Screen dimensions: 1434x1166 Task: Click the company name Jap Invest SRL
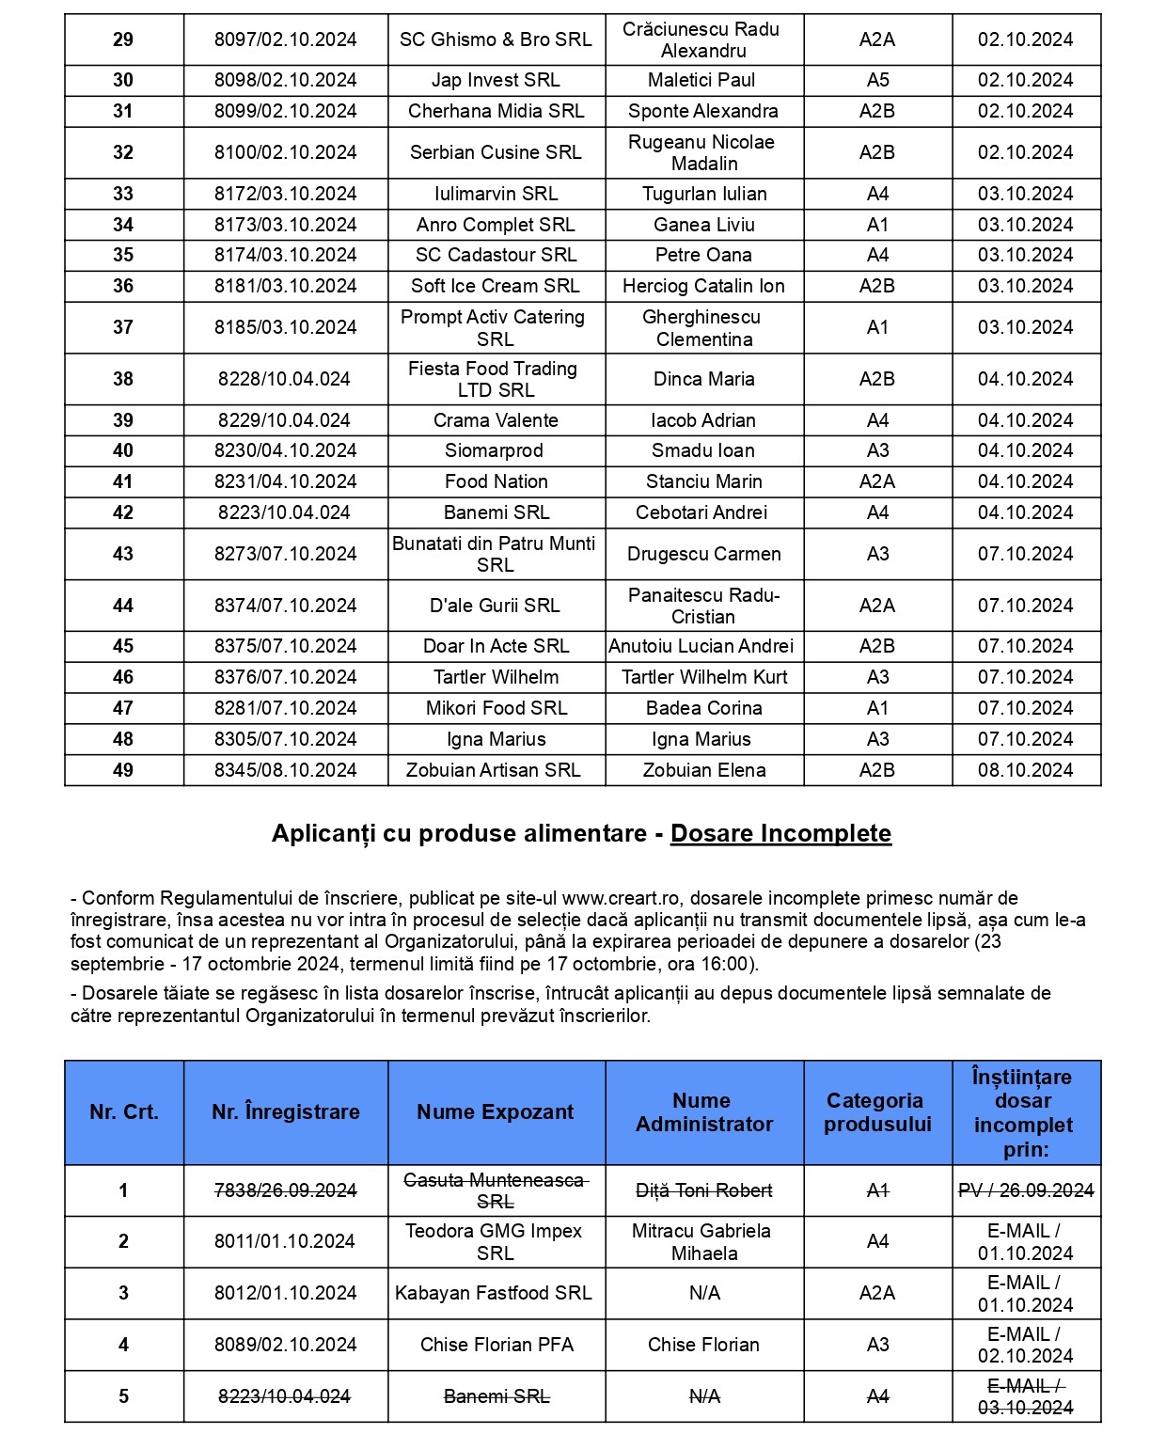click(496, 80)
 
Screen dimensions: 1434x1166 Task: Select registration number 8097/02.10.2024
click(285, 39)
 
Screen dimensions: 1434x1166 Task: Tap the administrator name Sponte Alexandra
click(703, 111)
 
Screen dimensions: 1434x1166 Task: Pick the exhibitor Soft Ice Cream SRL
click(496, 286)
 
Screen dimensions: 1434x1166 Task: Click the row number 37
click(123, 327)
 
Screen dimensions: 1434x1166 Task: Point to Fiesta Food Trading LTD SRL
click(496, 379)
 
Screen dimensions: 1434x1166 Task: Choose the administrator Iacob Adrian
click(703, 420)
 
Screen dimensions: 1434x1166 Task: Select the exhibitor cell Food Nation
click(496, 481)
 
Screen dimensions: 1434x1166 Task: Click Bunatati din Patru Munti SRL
click(495, 554)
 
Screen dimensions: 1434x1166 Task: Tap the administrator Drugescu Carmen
click(703, 554)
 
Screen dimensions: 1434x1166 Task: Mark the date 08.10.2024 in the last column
click(1025, 770)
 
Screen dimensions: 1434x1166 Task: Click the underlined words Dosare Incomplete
click(780, 833)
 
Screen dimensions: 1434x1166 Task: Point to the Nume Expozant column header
click(496, 1112)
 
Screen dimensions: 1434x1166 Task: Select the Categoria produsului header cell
click(877, 1112)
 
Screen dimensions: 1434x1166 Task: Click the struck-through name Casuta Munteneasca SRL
click(496, 1190)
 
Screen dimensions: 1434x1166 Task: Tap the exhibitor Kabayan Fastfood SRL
click(494, 1293)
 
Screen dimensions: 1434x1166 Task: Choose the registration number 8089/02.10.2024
click(285, 1345)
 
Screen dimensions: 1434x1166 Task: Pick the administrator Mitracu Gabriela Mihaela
click(703, 1241)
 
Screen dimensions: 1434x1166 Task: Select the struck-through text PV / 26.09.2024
click(1026, 1190)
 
